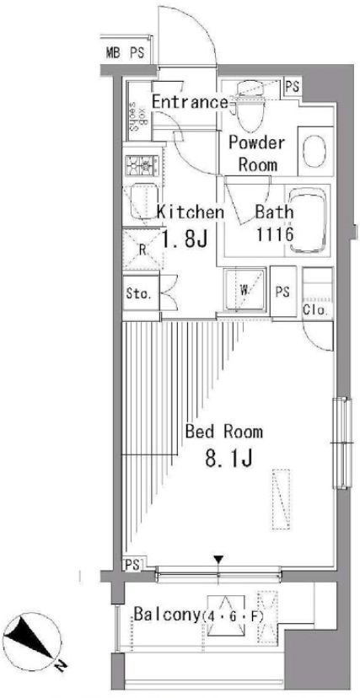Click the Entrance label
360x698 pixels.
pyautogui.click(x=190, y=102)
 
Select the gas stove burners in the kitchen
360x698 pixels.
pyautogui.click(x=142, y=165)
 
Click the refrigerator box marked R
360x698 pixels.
pyautogui.click(x=142, y=249)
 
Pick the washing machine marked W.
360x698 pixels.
pyautogui.click(x=244, y=291)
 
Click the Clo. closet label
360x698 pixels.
pyautogui.click(x=317, y=310)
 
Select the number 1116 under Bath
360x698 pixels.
pyautogui.click(x=274, y=234)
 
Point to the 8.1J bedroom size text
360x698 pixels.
pyautogui.click(x=228, y=458)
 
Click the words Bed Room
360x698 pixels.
pyautogui.click(x=223, y=432)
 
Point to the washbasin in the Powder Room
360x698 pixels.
pyautogui.click(x=315, y=150)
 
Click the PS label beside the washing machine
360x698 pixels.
pyautogui.click(x=282, y=292)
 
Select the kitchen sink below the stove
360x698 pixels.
pyautogui.click(x=142, y=202)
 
